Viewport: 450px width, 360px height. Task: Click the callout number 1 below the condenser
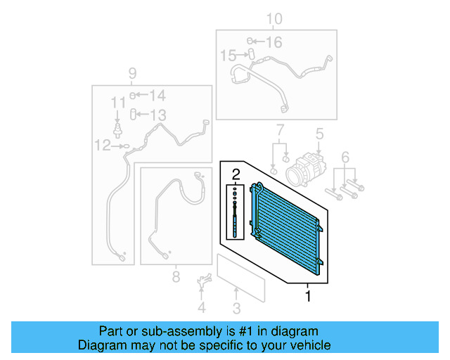(x=307, y=296)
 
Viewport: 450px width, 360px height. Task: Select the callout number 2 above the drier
(x=236, y=174)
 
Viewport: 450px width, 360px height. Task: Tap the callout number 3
(x=236, y=308)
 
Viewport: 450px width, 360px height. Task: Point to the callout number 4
(x=202, y=307)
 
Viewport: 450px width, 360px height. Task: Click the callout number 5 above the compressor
(x=319, y=133)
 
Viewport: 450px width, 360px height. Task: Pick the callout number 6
(x=345, y=156)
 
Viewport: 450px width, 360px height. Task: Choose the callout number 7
(x=279, y=130)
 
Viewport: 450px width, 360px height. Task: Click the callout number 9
(x=131, y=73)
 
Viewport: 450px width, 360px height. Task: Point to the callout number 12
(x=103, y=146)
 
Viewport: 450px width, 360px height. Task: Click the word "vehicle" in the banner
(x=309, y=345)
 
